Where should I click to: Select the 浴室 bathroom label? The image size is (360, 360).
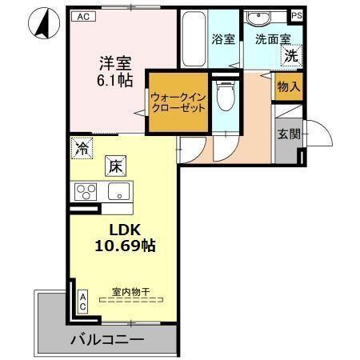tap(223, 38)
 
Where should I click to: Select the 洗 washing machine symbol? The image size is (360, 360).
tap(293, 56)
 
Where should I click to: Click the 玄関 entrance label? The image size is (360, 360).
tap(289, 134)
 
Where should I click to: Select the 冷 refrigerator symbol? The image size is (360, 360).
tap(81, 146)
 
